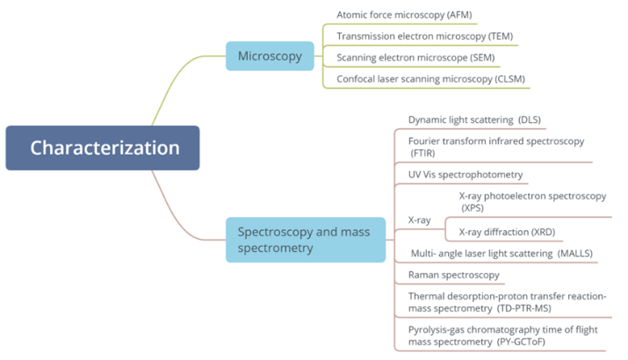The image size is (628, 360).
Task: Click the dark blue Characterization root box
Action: click(x=103, y=148)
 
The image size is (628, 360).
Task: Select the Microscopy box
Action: click(x=270, y=57)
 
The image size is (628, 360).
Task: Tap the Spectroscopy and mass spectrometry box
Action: click(x=305, y=240)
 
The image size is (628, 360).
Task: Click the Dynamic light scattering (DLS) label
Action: click(x=474, y=119)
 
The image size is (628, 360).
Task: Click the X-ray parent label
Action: click(x=420, y=220)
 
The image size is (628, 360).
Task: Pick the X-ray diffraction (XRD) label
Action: click(x=507, y=232)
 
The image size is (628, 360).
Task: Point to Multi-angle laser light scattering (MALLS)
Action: click(x=502, y=254)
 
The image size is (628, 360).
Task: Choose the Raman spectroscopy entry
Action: click(x=454, y=276)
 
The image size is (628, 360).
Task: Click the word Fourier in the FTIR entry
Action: click(x=427, y=140)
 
